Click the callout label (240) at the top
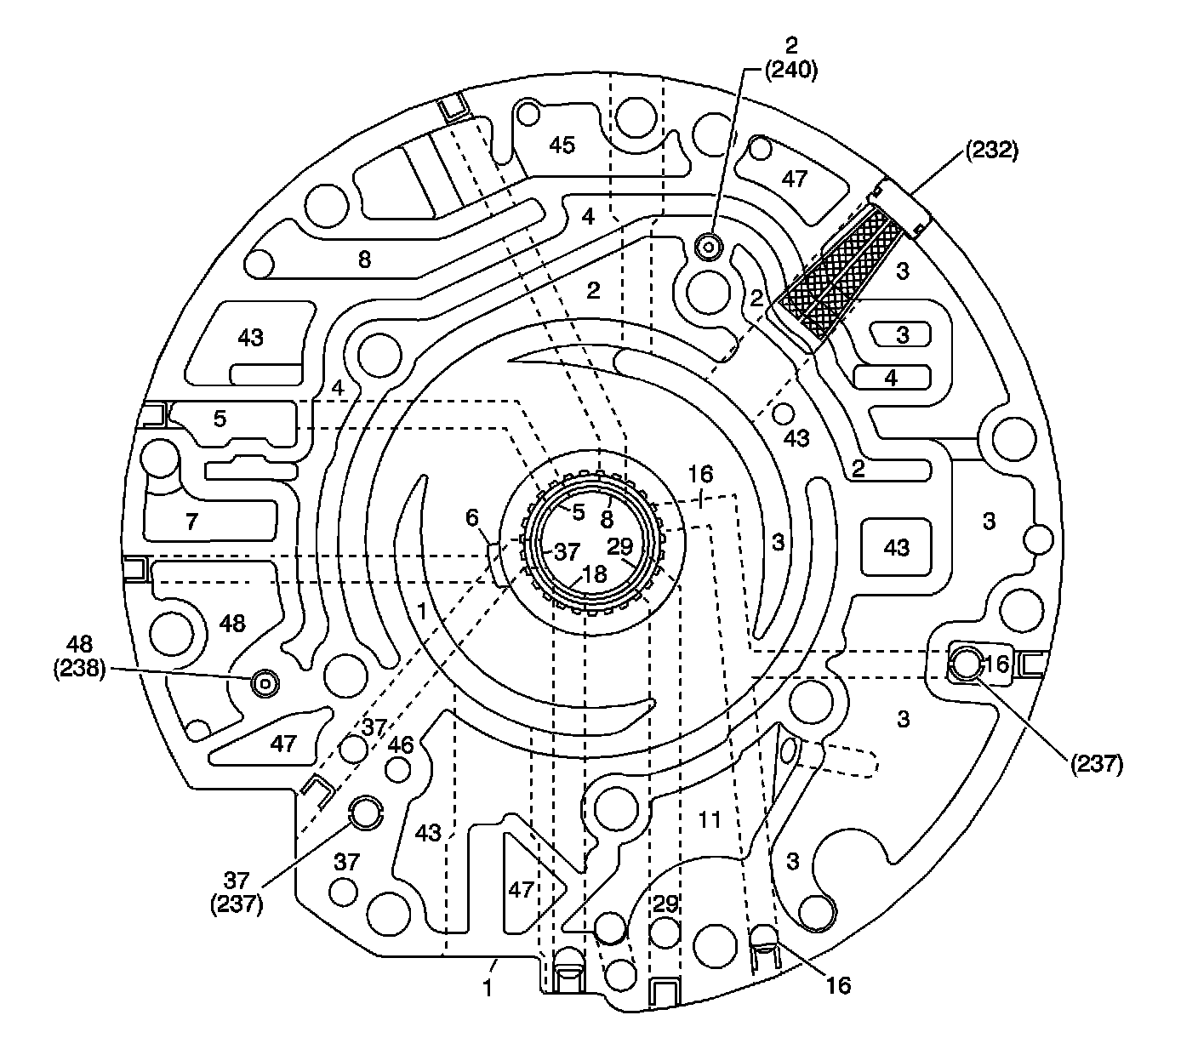(790, 71)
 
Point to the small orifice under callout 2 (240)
(708, 247)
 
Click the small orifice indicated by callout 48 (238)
(265, 681)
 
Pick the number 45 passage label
(561, 145)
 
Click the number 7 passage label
(191, 521)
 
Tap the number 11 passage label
(709, 820)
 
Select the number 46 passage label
(400, 746)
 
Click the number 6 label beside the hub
(473, 516)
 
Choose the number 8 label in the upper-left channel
(364, 259)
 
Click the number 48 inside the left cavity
(231, 623)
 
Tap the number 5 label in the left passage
(220, 419)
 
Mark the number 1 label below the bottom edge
(488, 989)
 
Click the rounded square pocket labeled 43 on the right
(897, 548)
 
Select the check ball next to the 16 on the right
(966, 663)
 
